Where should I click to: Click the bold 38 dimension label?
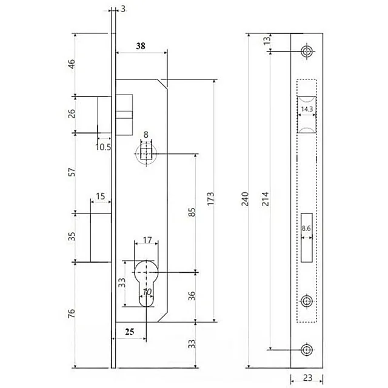coord(141,46)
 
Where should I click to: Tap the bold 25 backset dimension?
coord(129,332)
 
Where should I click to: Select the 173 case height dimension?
coord(210,198)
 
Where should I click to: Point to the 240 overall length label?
coord(245,199)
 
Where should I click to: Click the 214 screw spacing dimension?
coord(265,199)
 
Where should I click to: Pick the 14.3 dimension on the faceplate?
coord(307,109)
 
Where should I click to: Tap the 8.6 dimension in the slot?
coord(306,228)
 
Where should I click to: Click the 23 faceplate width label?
coord(307,378)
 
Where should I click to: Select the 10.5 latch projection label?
coord(104,147)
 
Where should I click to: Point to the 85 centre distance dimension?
coord(192,212)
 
